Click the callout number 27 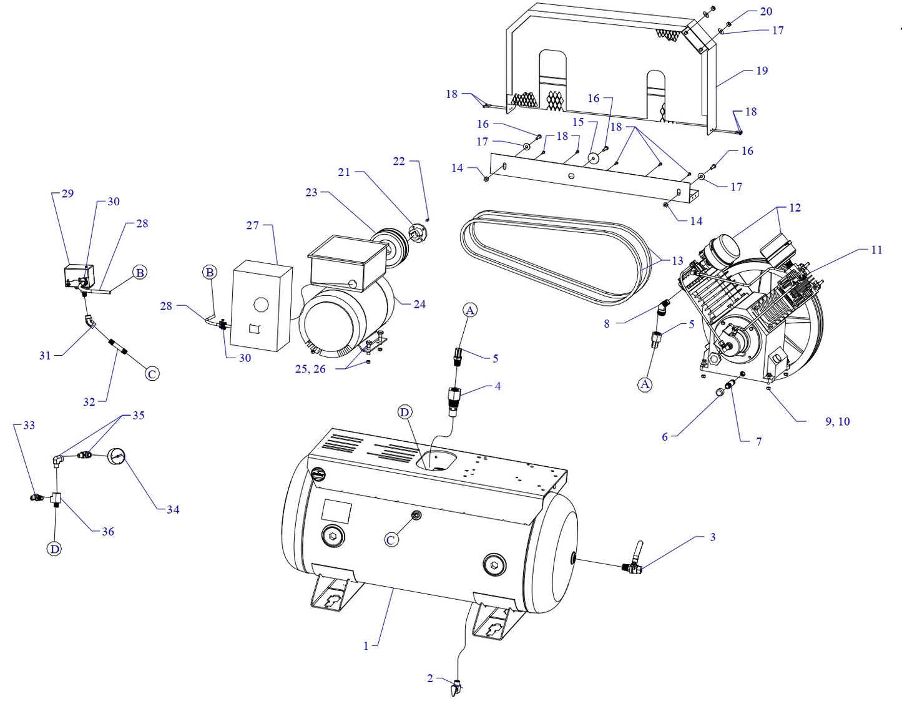252,225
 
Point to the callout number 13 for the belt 677,261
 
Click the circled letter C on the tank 391,540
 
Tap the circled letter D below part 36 55,549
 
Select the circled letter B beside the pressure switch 140,273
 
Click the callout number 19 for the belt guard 762,71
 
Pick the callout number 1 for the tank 366,646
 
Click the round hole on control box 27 261,305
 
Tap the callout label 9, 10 837,422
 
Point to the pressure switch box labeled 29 79,275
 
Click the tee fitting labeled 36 57,497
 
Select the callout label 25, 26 310,369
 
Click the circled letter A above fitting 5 471,310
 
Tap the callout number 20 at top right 766,11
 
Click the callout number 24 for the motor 419,304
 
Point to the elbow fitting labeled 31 91,321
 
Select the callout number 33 29,425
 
